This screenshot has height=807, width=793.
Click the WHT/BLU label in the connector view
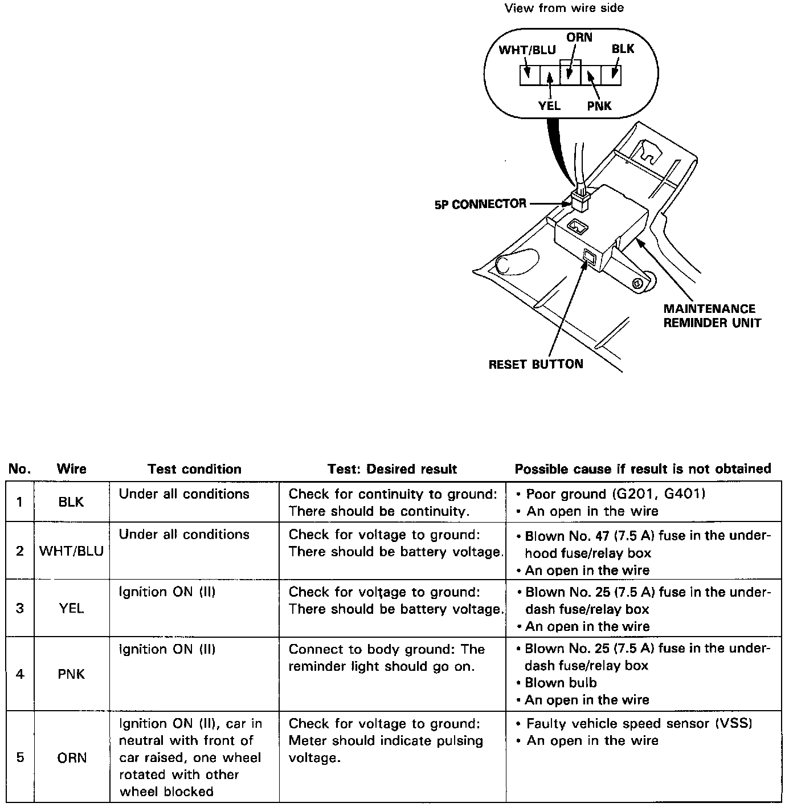pos(527,50)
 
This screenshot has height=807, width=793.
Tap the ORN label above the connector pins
pos(579,38)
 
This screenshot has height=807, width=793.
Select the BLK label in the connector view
pos(623,49)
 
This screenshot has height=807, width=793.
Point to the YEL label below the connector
pos(549,106)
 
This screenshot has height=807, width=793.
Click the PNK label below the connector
pos(599,106)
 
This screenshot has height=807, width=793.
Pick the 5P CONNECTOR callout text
pos(480,204)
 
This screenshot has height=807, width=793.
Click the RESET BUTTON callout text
pos(536,364)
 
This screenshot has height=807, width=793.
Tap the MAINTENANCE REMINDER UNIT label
pos(712,316)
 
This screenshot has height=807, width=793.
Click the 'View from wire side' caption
pos(564,8)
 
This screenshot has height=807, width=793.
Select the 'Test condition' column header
pos(194,469)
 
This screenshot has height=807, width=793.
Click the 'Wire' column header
pos(72,469)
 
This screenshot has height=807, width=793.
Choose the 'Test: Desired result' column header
pos(392,469)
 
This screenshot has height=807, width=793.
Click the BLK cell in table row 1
pos(71,502)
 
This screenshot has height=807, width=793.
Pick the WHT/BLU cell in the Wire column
pos(72,552)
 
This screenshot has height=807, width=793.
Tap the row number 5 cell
pos(20,758)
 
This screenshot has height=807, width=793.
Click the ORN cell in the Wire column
pos(72,758)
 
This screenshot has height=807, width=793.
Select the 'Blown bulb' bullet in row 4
pos(561,683)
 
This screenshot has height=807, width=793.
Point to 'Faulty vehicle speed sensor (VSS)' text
pos(639,724)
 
